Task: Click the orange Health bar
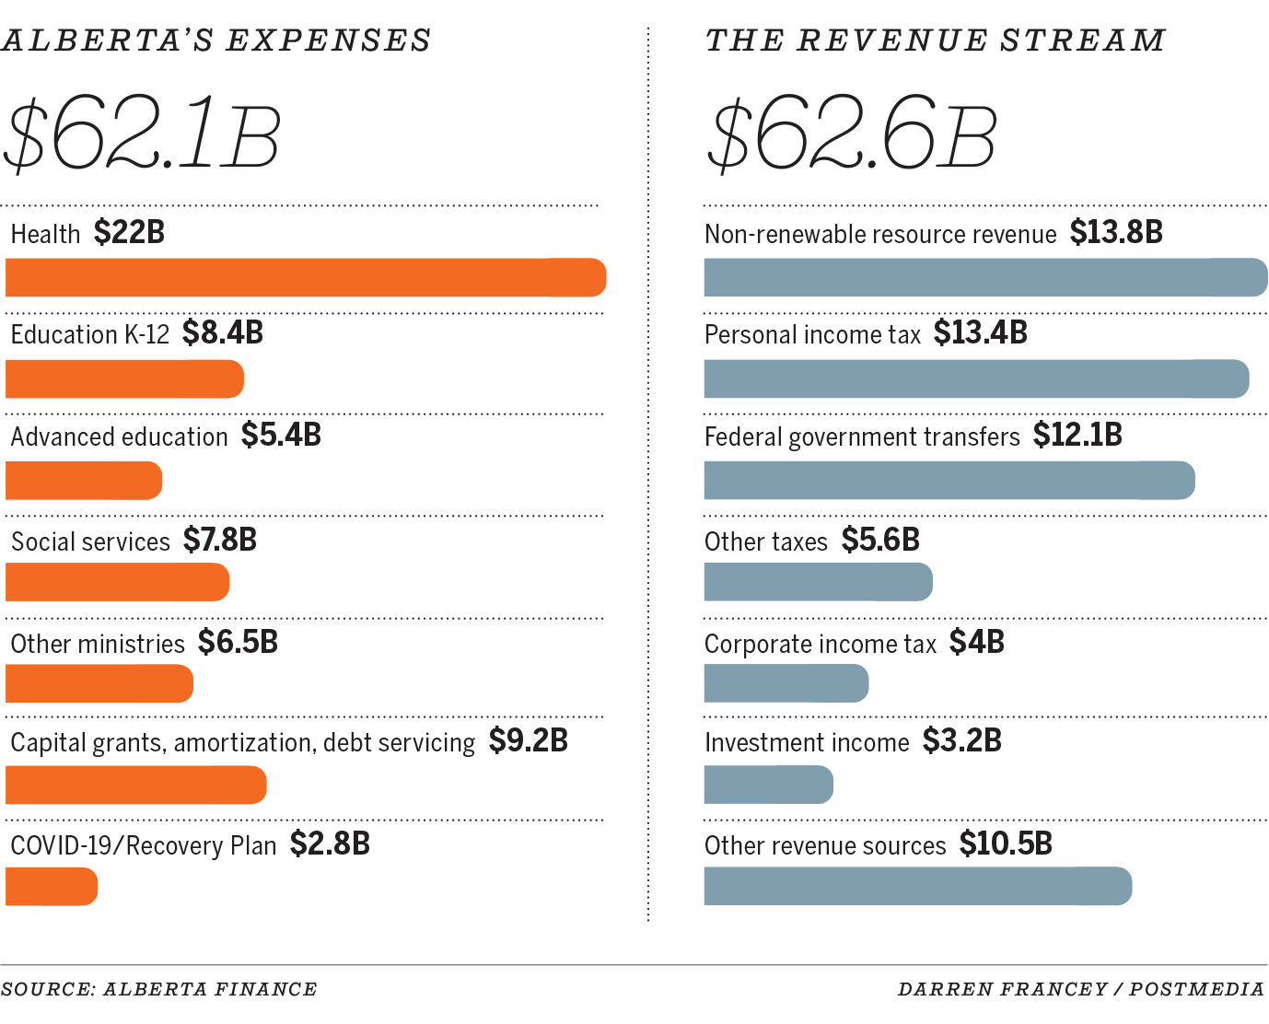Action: tap(306, 278)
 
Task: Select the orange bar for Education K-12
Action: tap(124, 379)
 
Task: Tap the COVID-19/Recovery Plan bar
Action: tap(52, 887)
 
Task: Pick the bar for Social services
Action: tap(117, 582)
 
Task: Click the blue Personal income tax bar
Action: tap(976, 379)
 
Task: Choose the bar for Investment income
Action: tap(768, 785)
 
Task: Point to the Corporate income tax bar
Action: tap(786, 683)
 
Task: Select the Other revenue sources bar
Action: tap(917, 886)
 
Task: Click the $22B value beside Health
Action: tap(129, 232)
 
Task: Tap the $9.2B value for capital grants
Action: tap(528, 740)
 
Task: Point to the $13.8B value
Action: tap(1116, 232)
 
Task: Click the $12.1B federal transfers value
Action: tap(1077, 435)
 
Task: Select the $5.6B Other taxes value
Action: tap(880, 540)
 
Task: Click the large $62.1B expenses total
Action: tap(143, 135)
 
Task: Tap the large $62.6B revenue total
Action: tap(852, 135)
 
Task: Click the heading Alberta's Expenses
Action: tap(216, 41)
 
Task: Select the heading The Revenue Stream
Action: tap(935, 41)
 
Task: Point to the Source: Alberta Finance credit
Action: tap(159, 989)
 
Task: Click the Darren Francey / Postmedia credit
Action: tap(1081, 989)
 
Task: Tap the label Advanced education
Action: tap(119, 436)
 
